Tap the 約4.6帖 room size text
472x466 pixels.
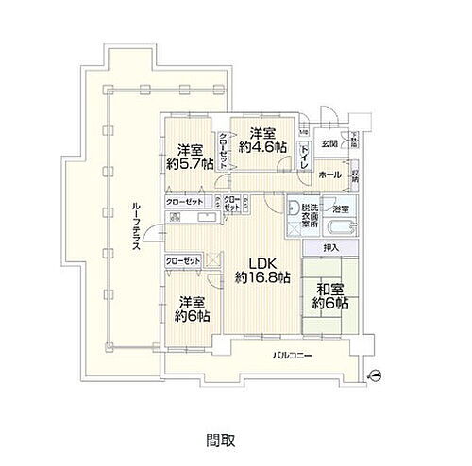258,147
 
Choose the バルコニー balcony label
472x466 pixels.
295,357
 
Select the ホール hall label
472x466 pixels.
329,175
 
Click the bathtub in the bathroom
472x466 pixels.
338,228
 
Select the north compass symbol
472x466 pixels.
376,374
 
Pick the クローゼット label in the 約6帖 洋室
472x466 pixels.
183,260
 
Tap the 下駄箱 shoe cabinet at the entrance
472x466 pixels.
355,141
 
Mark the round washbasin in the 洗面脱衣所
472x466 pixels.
294,208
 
